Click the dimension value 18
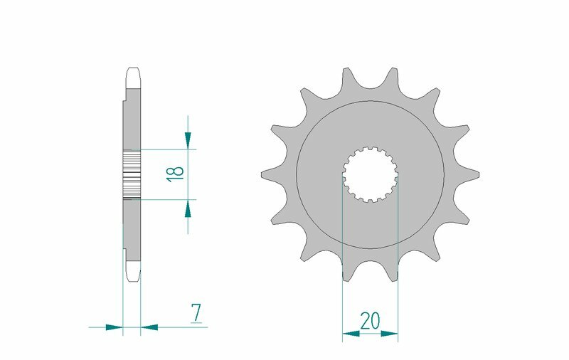coord(176,171)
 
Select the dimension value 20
coord(370,320)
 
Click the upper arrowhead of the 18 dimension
coord(188,141)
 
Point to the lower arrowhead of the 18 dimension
coord(188,207)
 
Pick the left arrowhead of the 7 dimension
coord(114,327)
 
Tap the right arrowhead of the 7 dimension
coord(149,327)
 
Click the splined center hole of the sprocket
coord(370,174)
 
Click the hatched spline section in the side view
coord(133,174)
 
